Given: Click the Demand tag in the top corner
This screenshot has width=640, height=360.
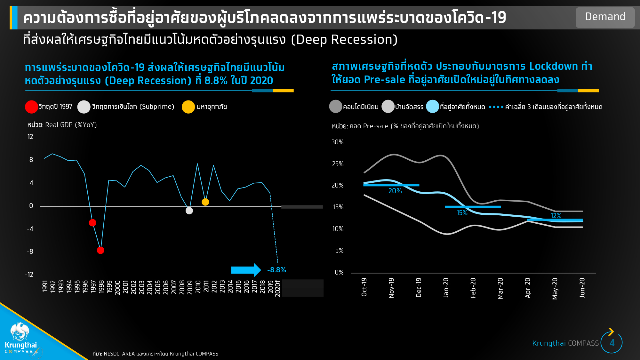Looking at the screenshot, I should [x=605, y=17].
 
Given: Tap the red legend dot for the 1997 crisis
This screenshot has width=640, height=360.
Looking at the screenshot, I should [x=31, y=107].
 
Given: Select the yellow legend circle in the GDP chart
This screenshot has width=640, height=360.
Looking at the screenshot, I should [x=188, y=107].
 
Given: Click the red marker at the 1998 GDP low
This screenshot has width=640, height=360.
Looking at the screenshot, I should [x=100, y=250].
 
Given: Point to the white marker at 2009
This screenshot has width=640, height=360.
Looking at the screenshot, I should [x=189, y=211].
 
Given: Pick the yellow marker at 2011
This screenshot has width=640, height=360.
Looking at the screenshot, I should [x=205, y=202].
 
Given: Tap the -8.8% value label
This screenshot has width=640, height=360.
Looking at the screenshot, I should [x=276, y=270].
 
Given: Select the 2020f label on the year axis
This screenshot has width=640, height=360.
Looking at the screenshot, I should [x=278, y=288].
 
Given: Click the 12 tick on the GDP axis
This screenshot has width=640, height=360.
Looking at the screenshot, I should [x=30, y=137].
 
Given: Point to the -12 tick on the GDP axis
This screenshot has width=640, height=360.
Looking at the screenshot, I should [x=29, y=275].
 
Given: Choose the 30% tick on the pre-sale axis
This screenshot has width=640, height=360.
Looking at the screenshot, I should [x=338, y=142].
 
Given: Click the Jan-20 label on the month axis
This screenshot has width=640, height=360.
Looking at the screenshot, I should [x=446, y=288].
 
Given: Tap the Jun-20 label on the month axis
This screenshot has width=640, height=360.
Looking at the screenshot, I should [x=582, y=288].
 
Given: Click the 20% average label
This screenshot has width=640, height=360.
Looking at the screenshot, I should [x=395, y=191].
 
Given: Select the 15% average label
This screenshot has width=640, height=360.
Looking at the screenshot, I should [x=462, y=213].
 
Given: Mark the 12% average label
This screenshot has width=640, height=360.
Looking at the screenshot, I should [x=556, y=216].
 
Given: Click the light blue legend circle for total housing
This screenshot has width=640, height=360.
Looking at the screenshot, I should [x=432, y=107].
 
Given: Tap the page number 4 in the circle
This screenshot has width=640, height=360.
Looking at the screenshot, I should [x=612, y=343].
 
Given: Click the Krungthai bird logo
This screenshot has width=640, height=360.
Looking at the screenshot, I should [x=20, y=331].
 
